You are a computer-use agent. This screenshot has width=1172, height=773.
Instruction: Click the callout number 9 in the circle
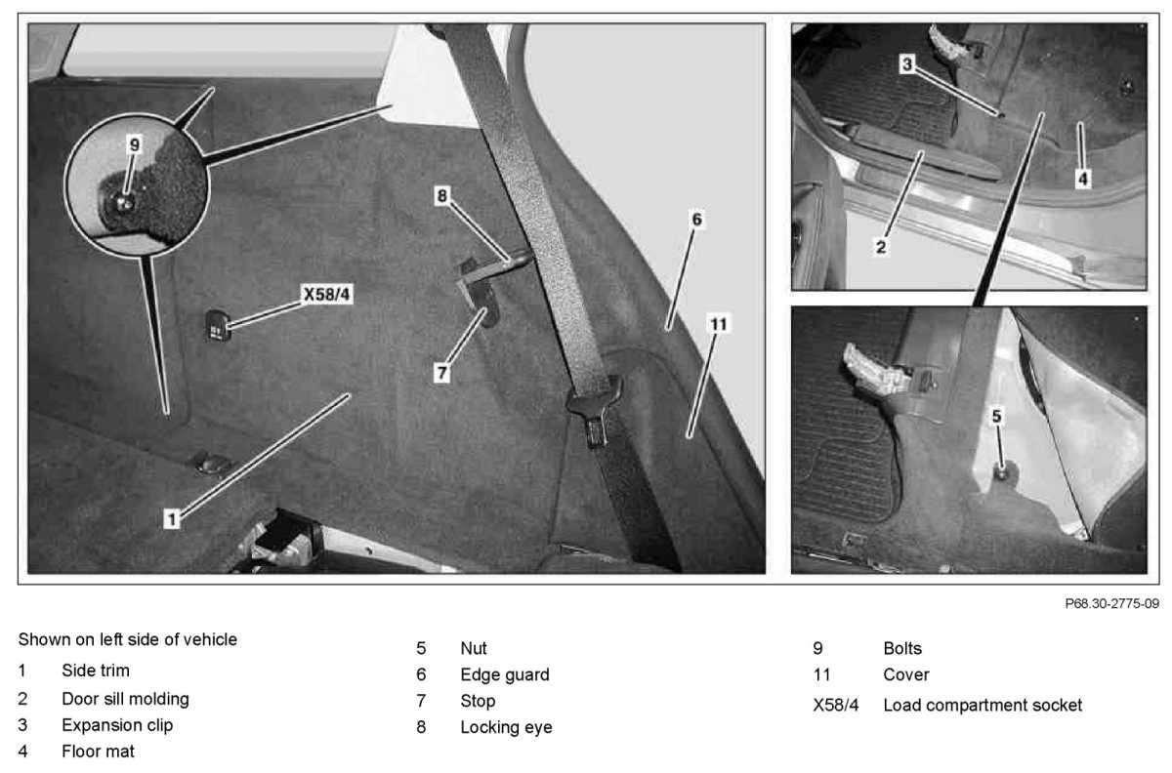(x=135, y=144)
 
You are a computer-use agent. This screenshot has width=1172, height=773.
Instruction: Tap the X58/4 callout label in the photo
(x=327, y=295)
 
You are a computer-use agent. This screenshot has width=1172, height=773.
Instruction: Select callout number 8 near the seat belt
(x=442, y=196)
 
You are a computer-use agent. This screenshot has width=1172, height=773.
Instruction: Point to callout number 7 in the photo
(x=442, y=373)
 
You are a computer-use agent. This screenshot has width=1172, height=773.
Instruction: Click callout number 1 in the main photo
(x=171, y=519)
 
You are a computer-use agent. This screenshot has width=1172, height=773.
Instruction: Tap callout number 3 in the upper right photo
(x=907, y=64)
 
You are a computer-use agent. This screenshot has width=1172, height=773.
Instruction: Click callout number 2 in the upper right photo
(x=881, y=247)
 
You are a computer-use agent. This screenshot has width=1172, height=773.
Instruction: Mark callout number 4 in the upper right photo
(x=1083, y=180)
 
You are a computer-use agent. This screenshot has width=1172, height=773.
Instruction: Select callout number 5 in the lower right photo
(x=997, y=417)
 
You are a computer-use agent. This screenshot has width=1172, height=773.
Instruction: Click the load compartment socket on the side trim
(x=218, y=326)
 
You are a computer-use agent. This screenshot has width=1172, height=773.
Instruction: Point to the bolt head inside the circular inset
(x=124, y=202)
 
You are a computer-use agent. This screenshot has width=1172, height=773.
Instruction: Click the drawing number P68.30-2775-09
(x=1111, y=603)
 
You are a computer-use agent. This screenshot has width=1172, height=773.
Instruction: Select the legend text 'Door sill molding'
(x=126, y=699)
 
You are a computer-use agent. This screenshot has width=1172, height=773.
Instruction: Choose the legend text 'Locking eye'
(x=507, y=727)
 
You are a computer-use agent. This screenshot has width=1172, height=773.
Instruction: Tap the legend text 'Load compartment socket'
(x=983, y=705)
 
